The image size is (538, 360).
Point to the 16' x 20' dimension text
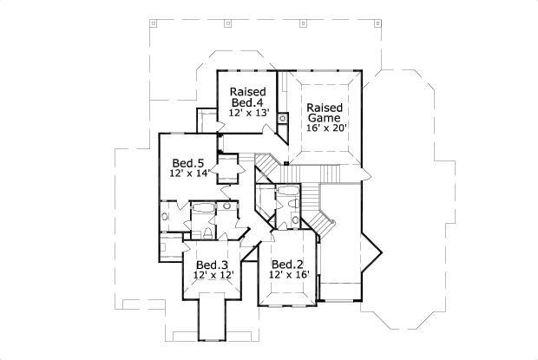326,128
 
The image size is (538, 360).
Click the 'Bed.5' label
187,162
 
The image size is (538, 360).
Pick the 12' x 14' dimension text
189,173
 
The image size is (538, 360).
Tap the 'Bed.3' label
211,265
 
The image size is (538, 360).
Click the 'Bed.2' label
286,265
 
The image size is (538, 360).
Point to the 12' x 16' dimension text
287,276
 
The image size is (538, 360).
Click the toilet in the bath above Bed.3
197,230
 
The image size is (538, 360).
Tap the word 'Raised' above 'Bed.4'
246,91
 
